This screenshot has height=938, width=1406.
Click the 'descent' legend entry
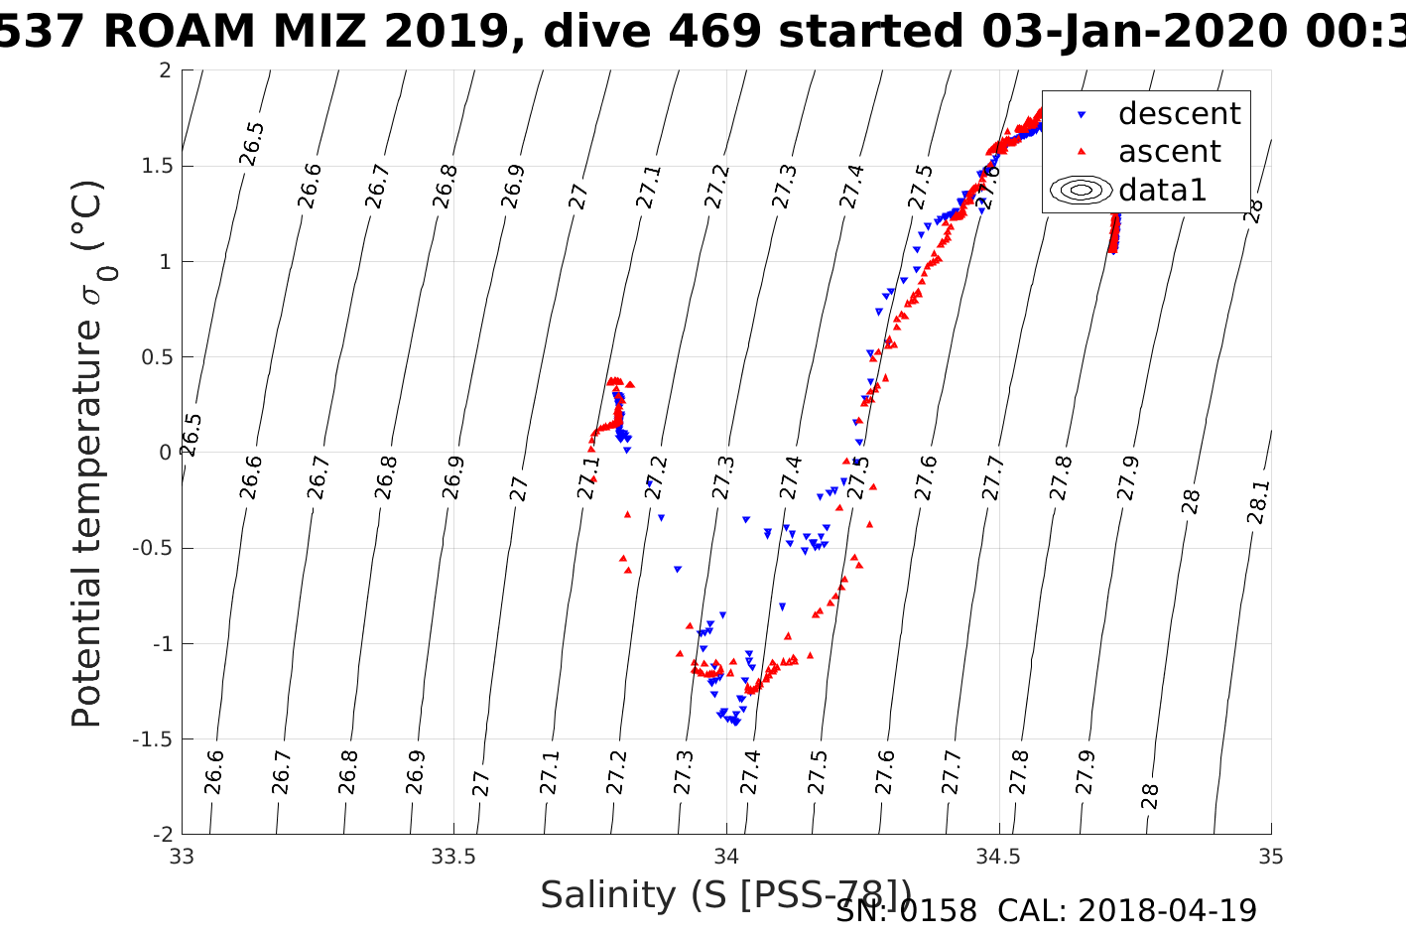[x=1179, y=114]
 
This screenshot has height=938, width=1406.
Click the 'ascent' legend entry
[x=1169, y=152]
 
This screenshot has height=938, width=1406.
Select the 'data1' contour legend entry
[x=1162, y=190]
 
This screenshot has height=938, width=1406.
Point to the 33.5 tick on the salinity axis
[x=453, y=857]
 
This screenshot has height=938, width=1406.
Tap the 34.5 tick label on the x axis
[x=998, y=857]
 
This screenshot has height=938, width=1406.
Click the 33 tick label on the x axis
[x=182, y=857]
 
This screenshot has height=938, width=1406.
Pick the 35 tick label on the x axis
[x=1270, y=857]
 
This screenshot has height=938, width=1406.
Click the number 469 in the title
[x=722, y=32]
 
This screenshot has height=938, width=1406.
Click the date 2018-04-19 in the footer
[x=1167, y=910]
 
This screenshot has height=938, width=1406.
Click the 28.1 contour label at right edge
[x=1257, y=502]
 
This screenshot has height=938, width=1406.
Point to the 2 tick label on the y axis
[x=165, y=70]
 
